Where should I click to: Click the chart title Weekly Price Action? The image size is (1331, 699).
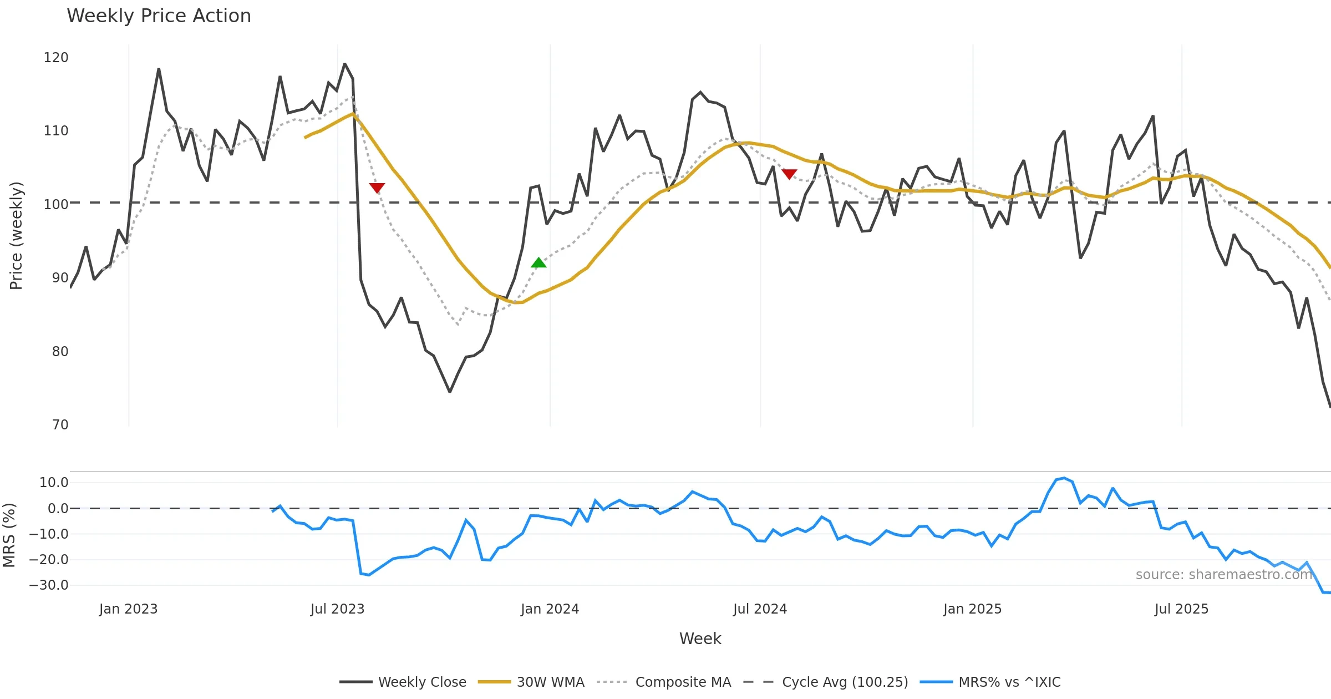159,16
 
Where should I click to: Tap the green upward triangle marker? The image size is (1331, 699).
539,263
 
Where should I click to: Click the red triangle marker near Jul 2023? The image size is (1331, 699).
377,188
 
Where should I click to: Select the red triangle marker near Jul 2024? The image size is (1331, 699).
789,174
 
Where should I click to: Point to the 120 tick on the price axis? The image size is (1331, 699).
56,58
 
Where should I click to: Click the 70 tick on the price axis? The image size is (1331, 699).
60,425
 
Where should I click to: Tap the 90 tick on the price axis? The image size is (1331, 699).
60,278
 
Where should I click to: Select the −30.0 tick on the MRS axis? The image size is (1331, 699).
49,585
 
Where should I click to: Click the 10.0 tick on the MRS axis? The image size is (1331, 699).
54,483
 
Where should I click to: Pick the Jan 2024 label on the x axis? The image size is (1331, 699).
550,609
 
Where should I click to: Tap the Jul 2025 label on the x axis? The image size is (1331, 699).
1181,609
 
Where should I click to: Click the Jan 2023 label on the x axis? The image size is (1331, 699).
129,609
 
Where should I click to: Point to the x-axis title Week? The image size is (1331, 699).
700,639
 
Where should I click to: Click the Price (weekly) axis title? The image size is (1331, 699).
16,236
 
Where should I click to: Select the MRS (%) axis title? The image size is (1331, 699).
9,535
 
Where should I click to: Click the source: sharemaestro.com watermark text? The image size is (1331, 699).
1223,575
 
